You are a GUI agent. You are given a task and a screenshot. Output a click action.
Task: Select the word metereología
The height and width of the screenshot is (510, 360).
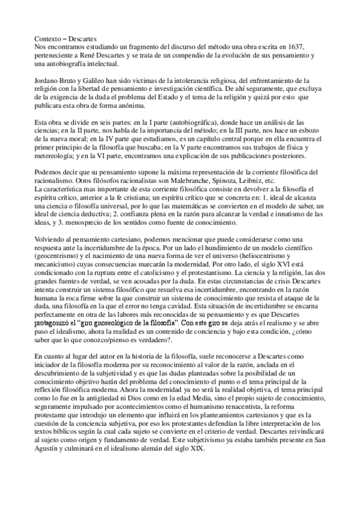tap(53, 158)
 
